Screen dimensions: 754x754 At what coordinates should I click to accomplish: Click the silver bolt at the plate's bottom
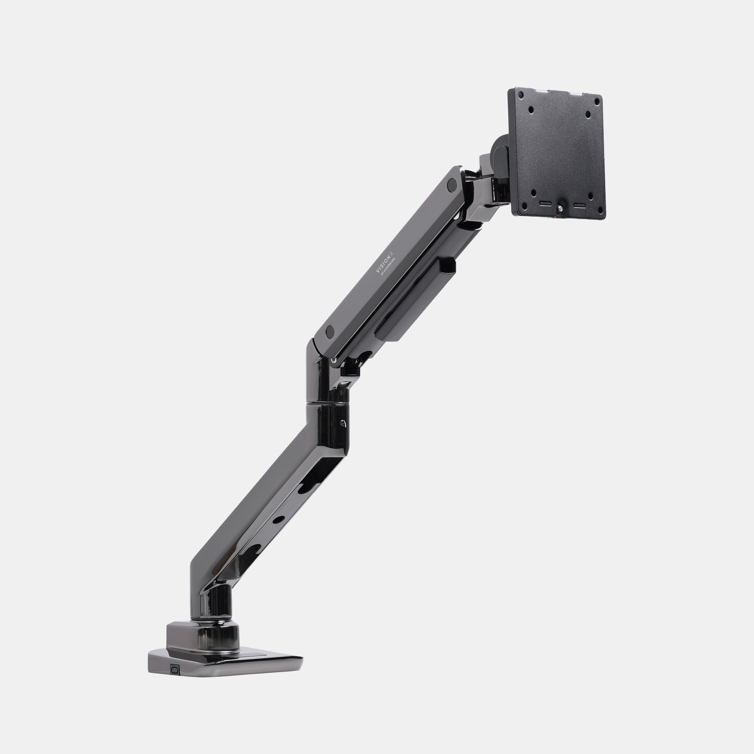click(561, 209)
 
